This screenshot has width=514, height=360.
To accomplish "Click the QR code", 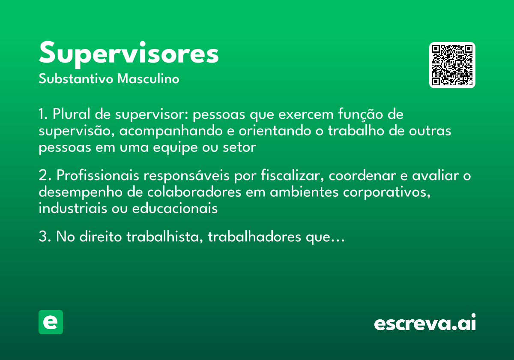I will (x=452, y=65).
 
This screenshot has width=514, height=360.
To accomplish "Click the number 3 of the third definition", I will (x=42, y=237).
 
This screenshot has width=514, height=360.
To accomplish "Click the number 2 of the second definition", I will (x=42, y=176).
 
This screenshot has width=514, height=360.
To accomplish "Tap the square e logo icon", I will (x=51, y=322).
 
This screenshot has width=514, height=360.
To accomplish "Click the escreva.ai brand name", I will (x=425, y=323).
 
